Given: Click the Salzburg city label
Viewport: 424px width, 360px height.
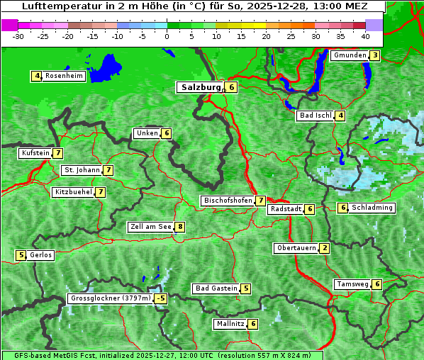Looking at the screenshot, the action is point(199,87).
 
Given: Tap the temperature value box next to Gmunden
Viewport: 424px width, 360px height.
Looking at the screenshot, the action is point(375,55).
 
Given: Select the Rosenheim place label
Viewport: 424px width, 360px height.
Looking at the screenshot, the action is point(63,76).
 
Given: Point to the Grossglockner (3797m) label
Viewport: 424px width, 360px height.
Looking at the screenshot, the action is point(110,298).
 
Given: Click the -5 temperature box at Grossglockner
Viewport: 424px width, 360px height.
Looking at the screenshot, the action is point(161,298).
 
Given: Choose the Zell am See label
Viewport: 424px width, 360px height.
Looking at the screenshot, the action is point(150,227).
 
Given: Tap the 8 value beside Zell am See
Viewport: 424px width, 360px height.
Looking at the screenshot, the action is point(180,227).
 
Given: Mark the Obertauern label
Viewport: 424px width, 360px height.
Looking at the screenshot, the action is point(295,248).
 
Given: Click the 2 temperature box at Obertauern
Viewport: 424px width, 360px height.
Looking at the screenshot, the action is point(324,248).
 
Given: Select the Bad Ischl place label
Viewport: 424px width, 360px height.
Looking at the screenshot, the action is point(315,116).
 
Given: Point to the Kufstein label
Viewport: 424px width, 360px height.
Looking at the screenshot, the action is point(35,153).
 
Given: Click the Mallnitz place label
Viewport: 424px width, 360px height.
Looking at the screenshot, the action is point(230,324).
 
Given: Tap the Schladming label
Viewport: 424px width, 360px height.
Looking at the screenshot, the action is point(372,208).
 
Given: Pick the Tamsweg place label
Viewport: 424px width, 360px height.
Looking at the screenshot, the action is point(352,284).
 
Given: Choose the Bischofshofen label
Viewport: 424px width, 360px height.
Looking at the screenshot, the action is point(227,201).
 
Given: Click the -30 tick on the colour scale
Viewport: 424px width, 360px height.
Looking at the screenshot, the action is point(18,35).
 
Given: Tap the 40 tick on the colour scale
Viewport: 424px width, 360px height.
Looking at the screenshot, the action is point(365,35).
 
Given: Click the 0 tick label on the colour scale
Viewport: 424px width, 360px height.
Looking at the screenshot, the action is point(167,35).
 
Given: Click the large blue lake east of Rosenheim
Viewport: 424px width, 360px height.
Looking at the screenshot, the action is point(106,67).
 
